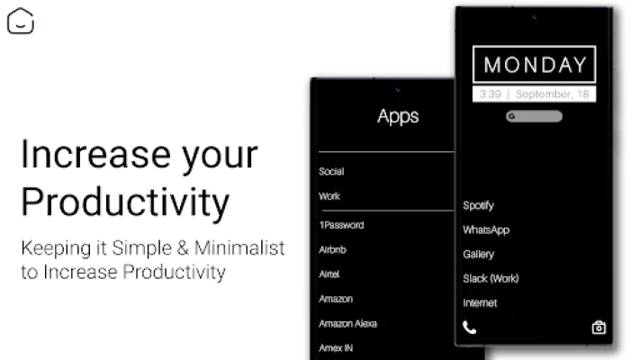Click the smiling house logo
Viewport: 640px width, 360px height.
[x=21, y=21]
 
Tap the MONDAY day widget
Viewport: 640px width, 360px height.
[x=535, y=65]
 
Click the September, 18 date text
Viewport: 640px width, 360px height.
[x=553, y=94]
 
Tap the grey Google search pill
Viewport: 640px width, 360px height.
[x=534, y=116]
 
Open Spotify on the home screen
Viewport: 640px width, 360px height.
[x=478, y=205]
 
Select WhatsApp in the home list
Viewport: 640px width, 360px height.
[x=486, y=229]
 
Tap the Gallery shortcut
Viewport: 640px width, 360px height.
[x=478, y=255]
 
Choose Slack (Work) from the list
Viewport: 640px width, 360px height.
[x=491, y=278]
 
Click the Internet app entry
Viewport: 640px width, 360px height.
[x=480, y=303]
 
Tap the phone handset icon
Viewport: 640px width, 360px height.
[x=469, y=328]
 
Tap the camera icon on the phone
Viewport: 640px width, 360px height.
[x=599, y=328]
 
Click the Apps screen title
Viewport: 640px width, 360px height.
[x=398, y=116]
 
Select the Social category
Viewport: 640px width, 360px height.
[x=331, y=171]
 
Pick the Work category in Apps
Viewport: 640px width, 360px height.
[x=329, y=196]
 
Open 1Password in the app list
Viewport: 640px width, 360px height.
[x=342, y=225]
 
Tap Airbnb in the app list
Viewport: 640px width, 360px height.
[x=332, y=249]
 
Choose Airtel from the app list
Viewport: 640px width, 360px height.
[x=329, y=274]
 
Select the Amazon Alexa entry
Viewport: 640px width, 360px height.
[x=347, y=324]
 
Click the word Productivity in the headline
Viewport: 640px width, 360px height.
[x=125, y=202]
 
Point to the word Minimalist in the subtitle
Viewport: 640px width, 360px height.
[x=239, y=247]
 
